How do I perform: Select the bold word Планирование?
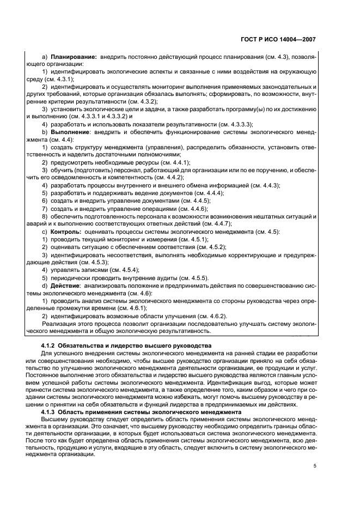tap(74, 56)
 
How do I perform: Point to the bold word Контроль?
tap(67, 231)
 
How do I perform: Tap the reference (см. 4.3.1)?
tap(58, 79)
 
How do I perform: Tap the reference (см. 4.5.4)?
tap(121, 269)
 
